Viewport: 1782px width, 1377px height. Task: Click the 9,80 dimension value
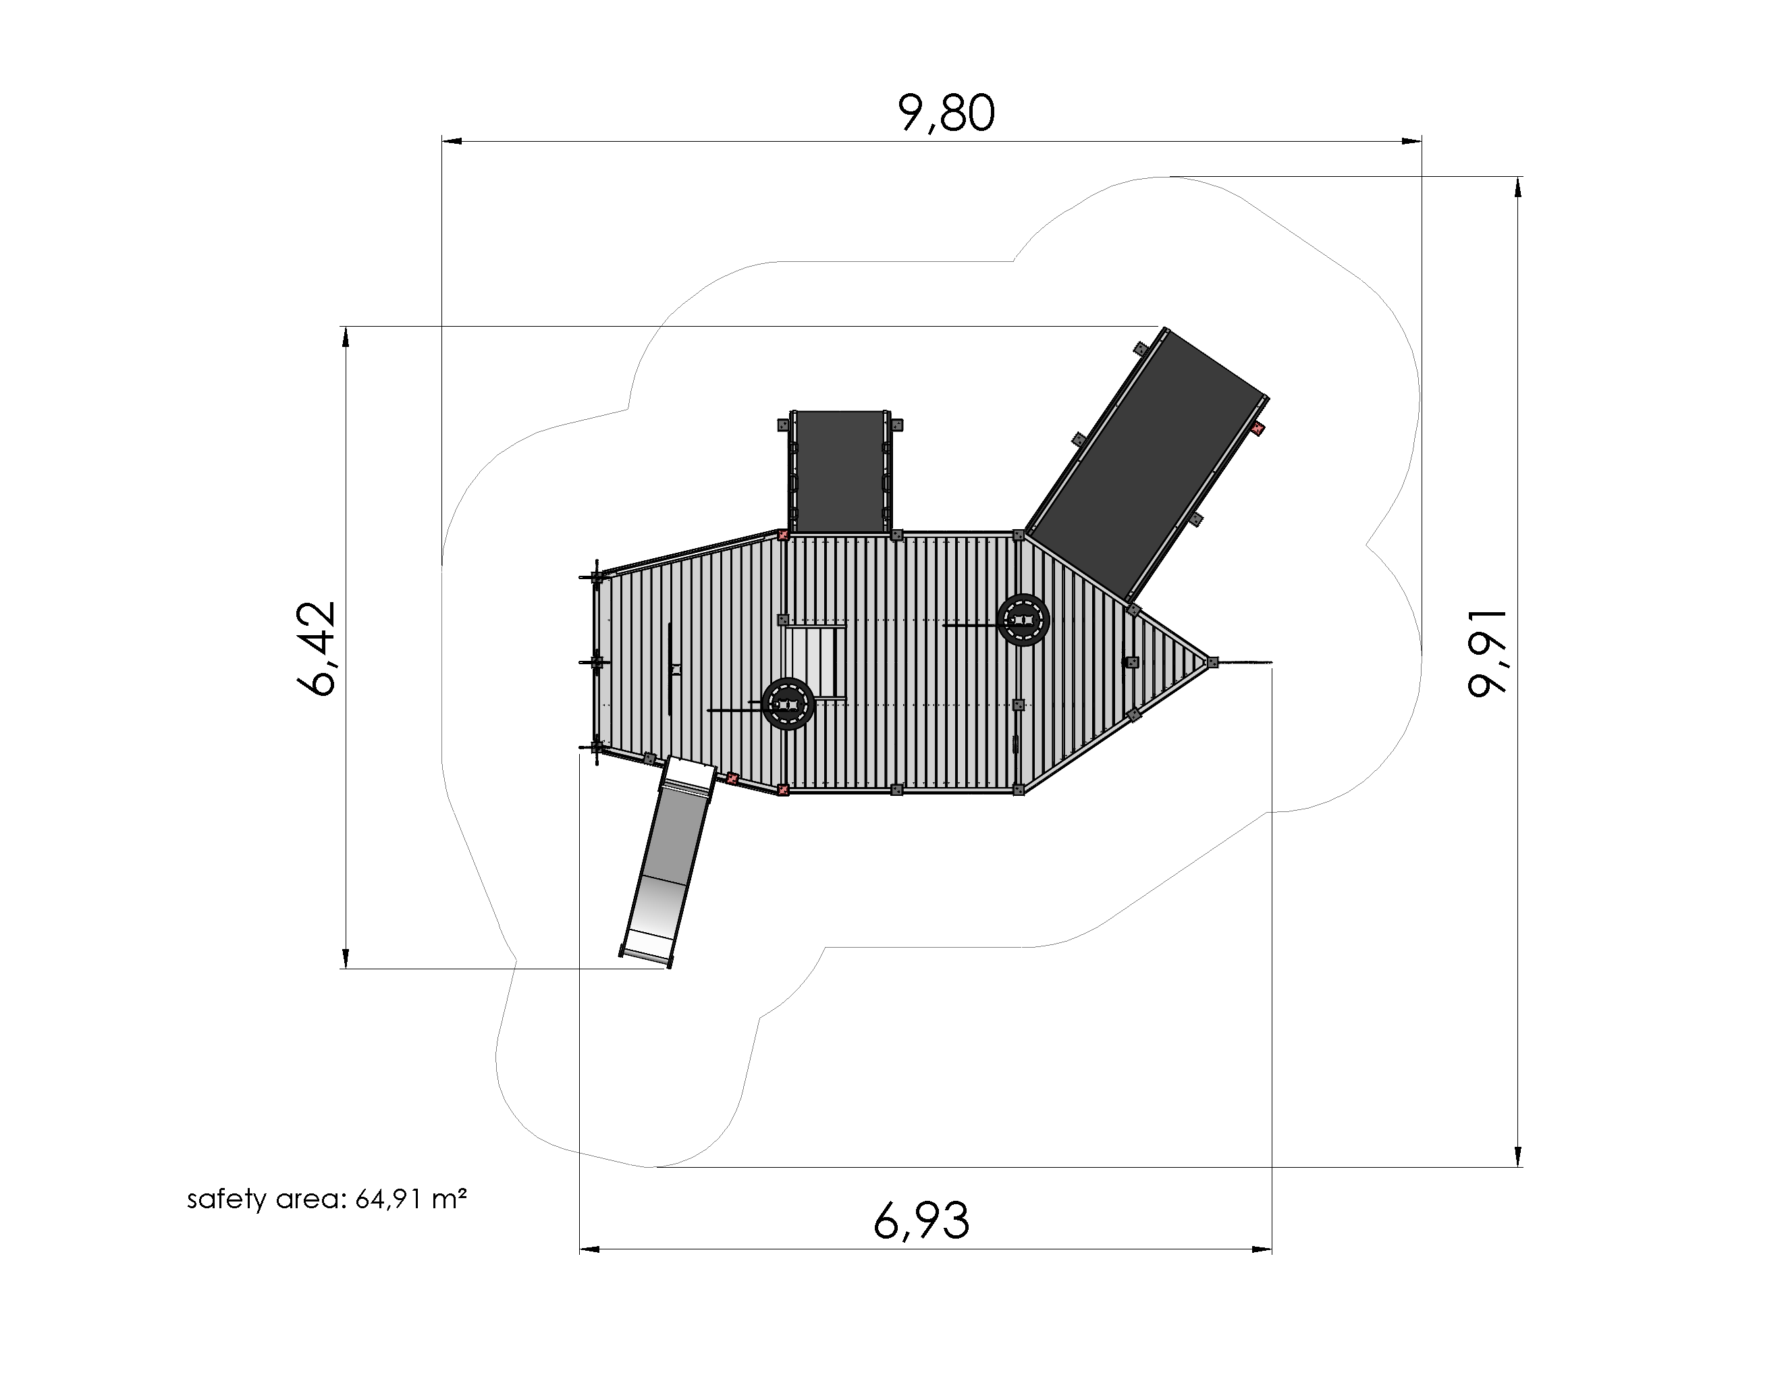click(x=946, y=113)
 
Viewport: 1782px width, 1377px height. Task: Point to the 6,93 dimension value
click(x=921, y=1221)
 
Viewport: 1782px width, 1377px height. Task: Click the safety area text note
click(x=327, y=1199)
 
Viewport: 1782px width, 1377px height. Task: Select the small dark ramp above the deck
click(x=840, y=473)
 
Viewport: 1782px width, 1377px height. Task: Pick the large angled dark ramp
click(x=1145, y=463)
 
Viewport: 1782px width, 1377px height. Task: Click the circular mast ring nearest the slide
click(x=788, y=704)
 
